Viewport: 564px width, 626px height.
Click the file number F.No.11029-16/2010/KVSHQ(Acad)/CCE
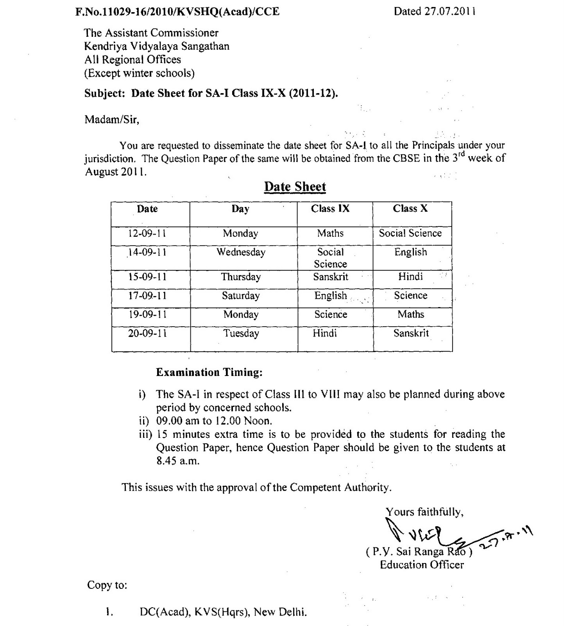pyautogui.click(x=177, y=12)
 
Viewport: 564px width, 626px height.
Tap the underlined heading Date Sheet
pyautogui.click(x=295, y=187)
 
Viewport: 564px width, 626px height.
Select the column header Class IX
pyautogui.click(x=330, y=209)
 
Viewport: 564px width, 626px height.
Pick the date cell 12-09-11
pyautogui.click(x=147, y=234)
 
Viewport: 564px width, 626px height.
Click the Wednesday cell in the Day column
pyautogui.click(x=241, y=252)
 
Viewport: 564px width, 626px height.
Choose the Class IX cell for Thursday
pyautogui.click(x=331, y=277)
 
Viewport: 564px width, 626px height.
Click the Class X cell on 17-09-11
pyautogui.click(x=410, y=296)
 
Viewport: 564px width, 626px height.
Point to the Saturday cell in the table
pyautogui.click(x=241, y=296)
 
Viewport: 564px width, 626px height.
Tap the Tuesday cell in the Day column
pyautogui.click(x=241, y=334)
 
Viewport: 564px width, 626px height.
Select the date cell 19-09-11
pyautogui.click(x=147, y=315)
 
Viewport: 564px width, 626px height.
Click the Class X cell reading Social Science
pyautogui.click(x=410, y=234)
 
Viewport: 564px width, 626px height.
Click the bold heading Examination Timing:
pyautogui.click(x=209, y=372)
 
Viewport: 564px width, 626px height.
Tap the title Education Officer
pyautogui.click(x=422, y=565)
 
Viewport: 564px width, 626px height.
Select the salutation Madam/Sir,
pyautogui.click(x=112, y=119)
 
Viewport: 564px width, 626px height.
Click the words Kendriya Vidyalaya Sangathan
pyautogui.click(x=157, y=46)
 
